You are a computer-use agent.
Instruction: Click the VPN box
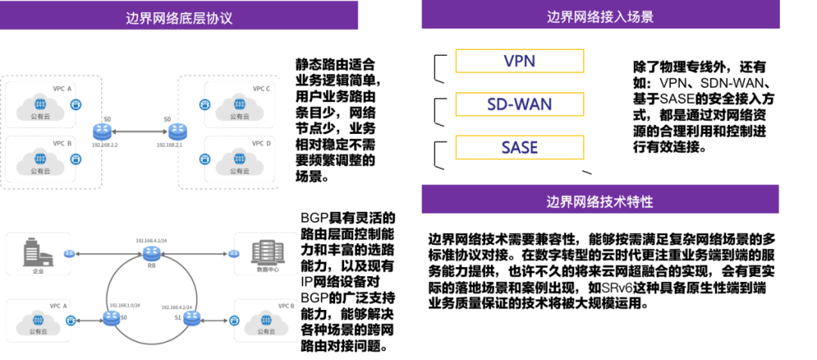click(520, 61)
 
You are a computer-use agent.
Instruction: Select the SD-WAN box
click(520, 104)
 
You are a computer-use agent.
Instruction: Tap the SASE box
click(520, 147)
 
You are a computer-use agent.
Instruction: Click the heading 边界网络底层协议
click(179, 17)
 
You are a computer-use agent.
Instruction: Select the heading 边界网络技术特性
click(600, 201)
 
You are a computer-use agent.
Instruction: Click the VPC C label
click(261, 89)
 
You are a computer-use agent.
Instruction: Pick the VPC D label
click(262, 144)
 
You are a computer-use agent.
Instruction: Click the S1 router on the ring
click(191, 319)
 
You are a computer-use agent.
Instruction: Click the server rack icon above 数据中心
click(268, 252)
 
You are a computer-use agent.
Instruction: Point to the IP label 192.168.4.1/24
click(151, 241)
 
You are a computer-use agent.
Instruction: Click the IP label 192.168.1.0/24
click(124, 306)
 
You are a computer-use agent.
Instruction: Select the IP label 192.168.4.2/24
click(176, 307)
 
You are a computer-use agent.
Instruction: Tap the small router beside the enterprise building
click(70, 254)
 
